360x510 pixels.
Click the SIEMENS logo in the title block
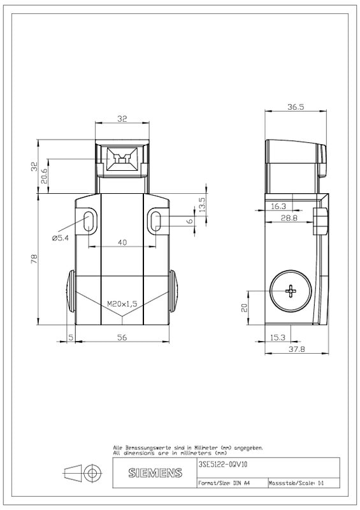(x=155, y=472)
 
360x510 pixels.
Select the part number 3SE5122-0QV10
(x=223, y=465)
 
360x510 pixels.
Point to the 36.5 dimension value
(x=296, y=106)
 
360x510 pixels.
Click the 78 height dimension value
(x=34, y=259)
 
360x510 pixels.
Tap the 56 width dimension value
(x=122, y=337)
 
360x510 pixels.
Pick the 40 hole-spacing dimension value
(x=122, y=242)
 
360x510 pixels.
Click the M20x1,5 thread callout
(x=122, y=304)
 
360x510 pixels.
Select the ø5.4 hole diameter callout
(x=61, y=238)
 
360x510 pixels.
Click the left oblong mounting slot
(x=89, y=222)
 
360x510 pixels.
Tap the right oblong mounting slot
(x=156, y=222)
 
